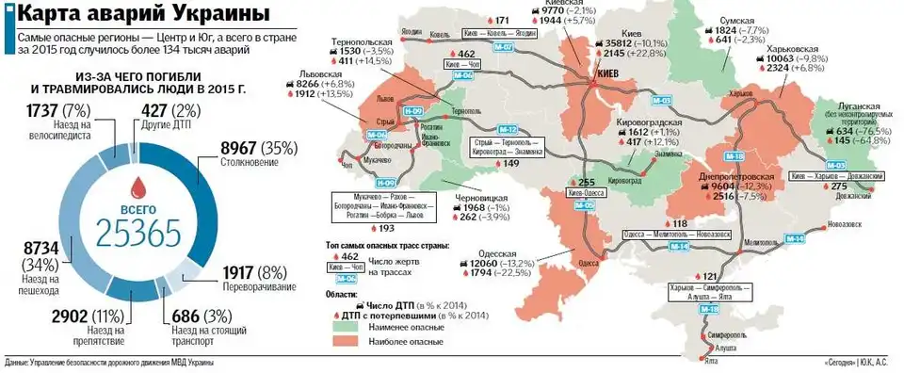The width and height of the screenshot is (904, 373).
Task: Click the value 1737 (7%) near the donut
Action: (45, 110)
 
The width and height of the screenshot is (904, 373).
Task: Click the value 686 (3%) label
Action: (200, 315)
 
